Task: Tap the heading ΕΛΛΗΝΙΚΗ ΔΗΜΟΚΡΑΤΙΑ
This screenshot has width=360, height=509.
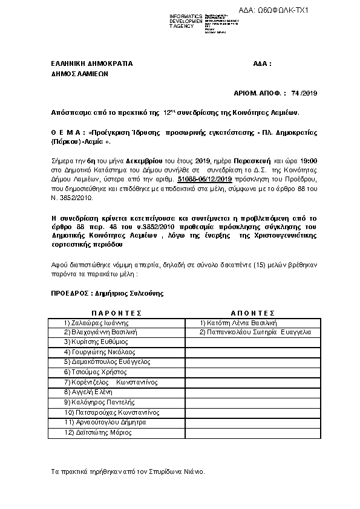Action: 91,63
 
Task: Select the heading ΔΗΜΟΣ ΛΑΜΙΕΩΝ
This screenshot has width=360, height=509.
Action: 79,74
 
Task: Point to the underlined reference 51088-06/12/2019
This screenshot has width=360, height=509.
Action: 205,180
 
